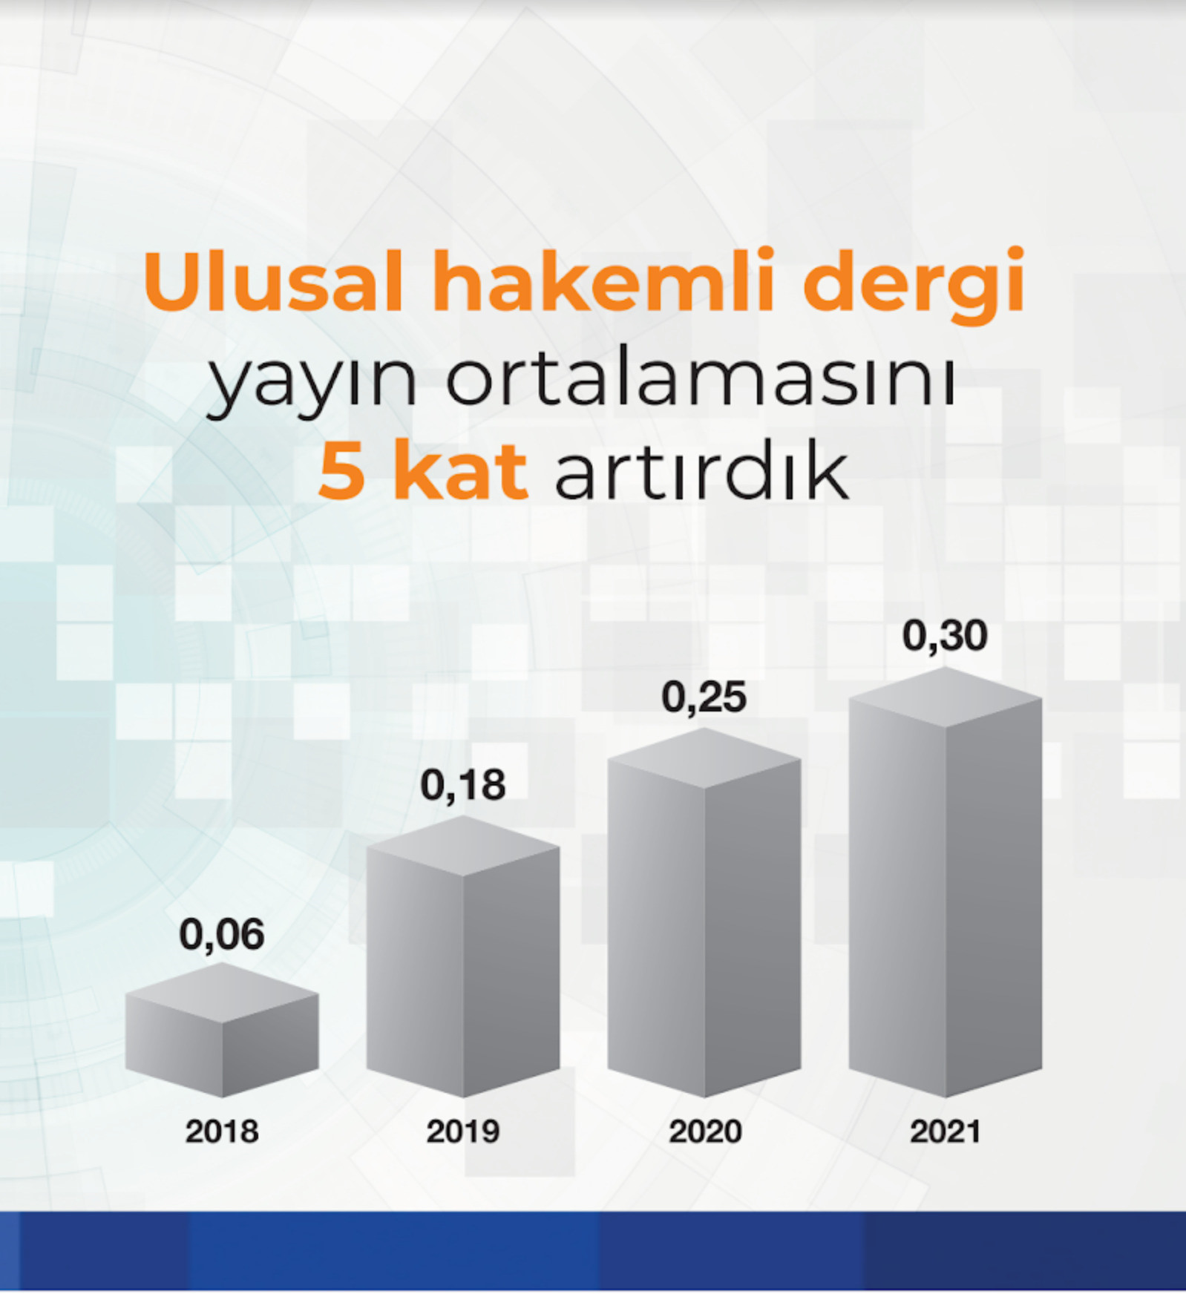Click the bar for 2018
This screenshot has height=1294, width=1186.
(x=222, y=1030)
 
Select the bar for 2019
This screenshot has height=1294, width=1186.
(x=463, y=956)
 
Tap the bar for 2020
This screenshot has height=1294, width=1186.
(x=704, y=912)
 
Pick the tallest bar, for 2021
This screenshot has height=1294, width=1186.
(x=946, y=882)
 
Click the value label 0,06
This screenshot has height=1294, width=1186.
(x=222, y=935)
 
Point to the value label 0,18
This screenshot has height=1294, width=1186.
(x=463, y=786)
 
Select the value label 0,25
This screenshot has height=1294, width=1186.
(x=704, y=698)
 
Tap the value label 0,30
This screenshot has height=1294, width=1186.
(x=945, y=636)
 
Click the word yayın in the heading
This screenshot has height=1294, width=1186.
(x=312, y=382)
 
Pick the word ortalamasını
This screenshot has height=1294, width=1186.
(x=701, y=378)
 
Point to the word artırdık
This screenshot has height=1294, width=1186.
(x=701, y=470)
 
